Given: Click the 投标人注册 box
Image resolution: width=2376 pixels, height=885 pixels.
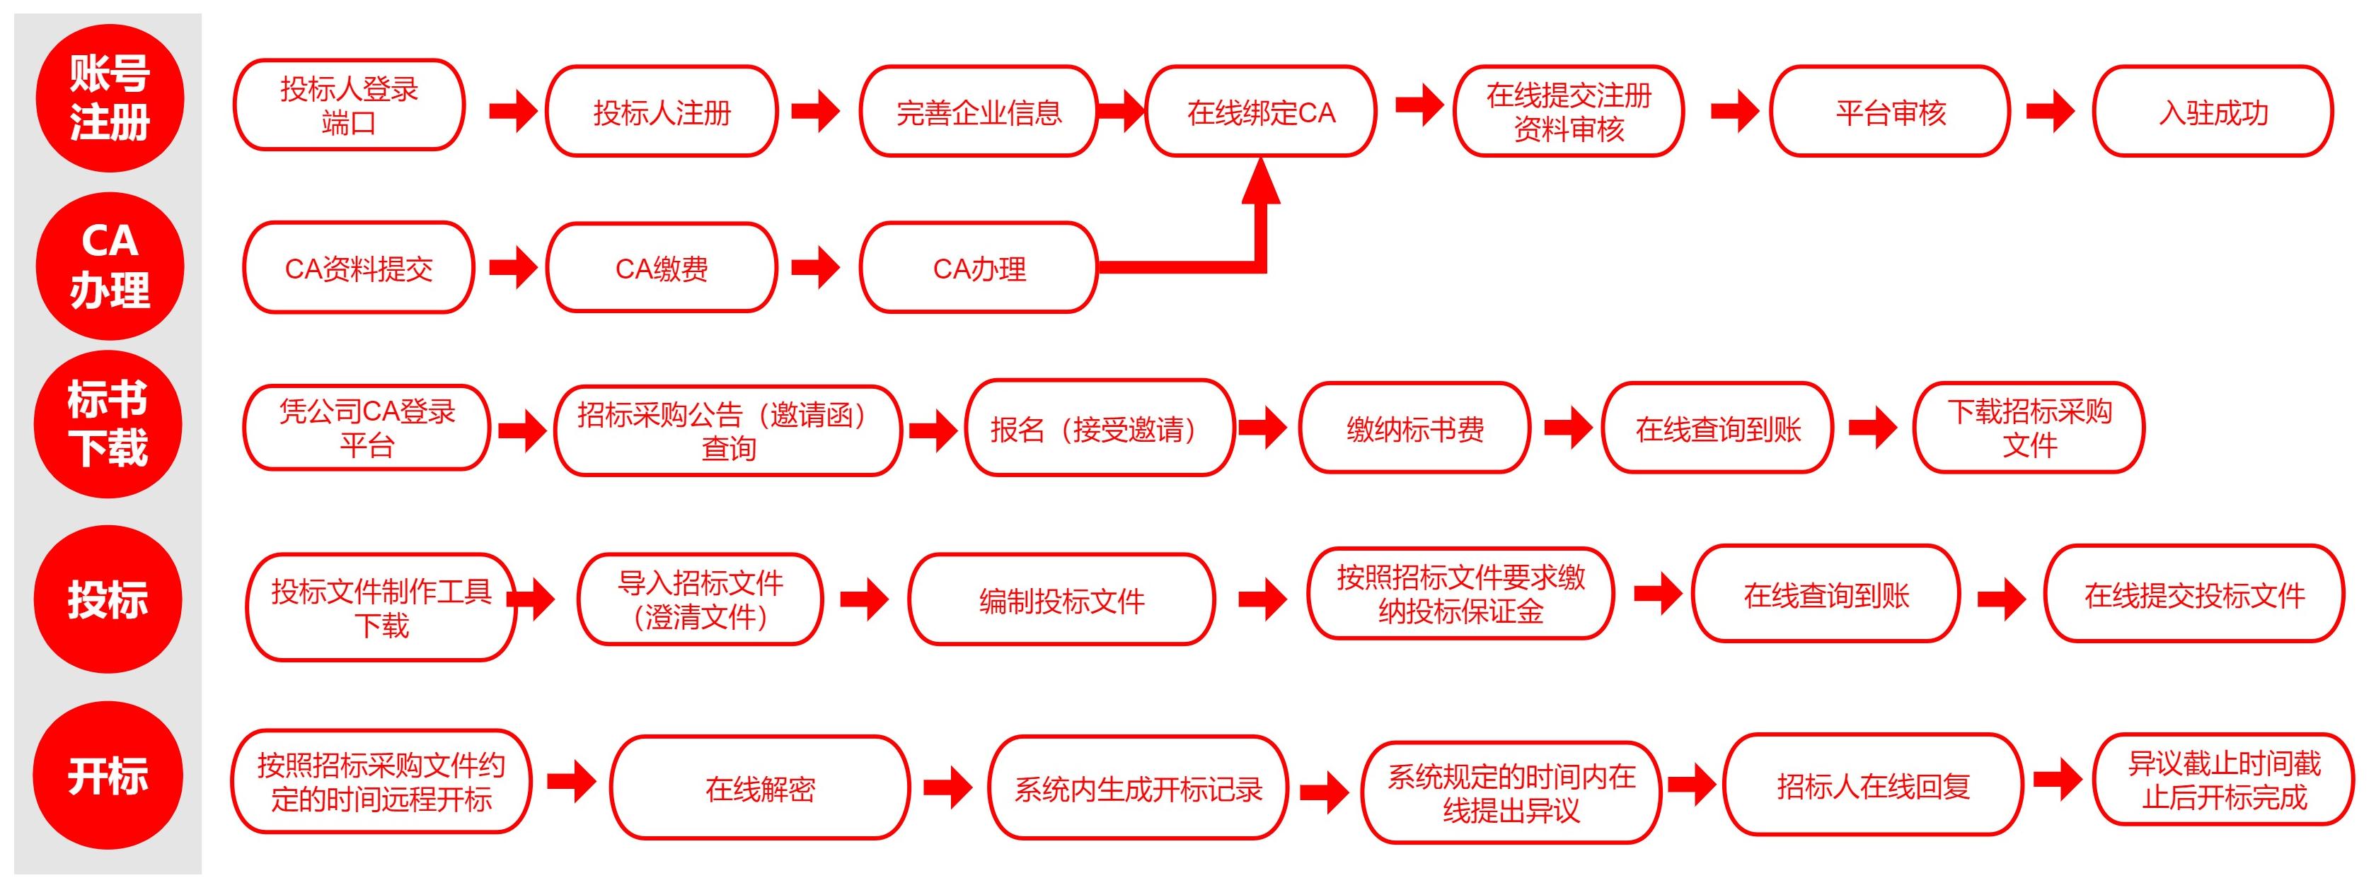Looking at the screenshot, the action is coord(662,112).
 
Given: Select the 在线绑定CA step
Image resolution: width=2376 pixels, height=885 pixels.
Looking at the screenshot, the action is coord(1260,112).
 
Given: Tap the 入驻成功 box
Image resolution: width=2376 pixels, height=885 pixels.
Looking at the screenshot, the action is coord(2213,112).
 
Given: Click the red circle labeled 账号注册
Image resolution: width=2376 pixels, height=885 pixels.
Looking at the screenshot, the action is coord(110,98).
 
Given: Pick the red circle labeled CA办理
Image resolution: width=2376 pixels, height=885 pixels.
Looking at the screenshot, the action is coord(110,266).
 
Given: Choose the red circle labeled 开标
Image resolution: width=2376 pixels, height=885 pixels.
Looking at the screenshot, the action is coord(108,775).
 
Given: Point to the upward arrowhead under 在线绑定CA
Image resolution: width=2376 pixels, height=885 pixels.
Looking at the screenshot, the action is coord(1261,181).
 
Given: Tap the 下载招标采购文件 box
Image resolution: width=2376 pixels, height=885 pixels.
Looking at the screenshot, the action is coord(2029,428).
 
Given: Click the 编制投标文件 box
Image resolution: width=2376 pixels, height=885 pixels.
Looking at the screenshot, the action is coord(1061,599).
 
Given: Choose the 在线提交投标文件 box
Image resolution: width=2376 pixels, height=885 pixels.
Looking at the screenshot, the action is coord(2194,594).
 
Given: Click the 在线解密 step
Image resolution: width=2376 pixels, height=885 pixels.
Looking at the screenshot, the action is coord(760,787).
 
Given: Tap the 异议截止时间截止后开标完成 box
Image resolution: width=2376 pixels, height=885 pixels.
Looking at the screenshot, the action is coord(2225,779).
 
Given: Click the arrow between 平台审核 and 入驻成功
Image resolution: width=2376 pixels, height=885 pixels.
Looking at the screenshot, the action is coord(2051,112).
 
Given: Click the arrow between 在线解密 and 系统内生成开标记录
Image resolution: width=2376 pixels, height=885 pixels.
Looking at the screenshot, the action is coord(948,787).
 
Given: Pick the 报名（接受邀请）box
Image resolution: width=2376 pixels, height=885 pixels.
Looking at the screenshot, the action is coord(1100,428).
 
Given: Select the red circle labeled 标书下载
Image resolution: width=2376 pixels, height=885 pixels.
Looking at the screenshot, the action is coord(108,424).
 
